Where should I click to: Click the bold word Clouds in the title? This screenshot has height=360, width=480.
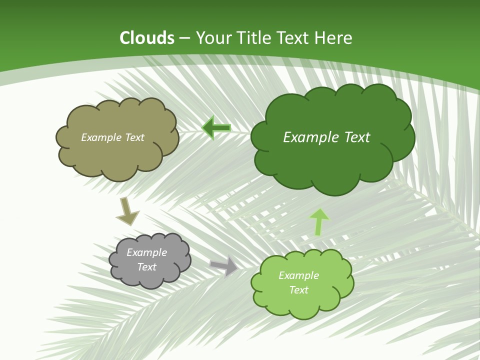pos(147,38)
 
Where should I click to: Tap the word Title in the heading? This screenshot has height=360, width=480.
pos(255,38)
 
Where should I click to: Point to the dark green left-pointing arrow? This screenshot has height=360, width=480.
pos(216,127)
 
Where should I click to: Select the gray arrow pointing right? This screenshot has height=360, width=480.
pos(224,265)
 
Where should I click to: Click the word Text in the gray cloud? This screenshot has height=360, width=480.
pos(147,267)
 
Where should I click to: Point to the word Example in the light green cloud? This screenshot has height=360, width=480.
pos(298,275)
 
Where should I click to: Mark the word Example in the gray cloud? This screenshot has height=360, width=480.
pos(146,252)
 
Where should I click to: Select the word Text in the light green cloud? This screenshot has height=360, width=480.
pos(298,290)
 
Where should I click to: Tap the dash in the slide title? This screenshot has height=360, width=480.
pos(184,38)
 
